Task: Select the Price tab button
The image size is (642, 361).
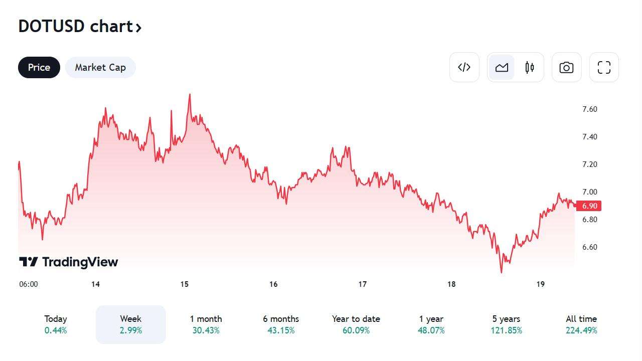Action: point(39,67)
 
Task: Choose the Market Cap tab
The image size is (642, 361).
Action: point(100,67)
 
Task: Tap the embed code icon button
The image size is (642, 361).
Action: point(464,67)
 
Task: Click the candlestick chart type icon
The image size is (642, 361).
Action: point(530,67)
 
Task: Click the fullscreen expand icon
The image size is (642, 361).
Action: point(604,67)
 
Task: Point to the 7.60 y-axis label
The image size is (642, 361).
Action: point(589,109)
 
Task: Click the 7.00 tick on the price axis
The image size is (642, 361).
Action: point(589,192)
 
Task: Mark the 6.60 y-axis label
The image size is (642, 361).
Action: point(589,247)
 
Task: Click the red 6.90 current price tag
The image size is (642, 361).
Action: point(589,206)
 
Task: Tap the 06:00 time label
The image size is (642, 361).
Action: point(29,284)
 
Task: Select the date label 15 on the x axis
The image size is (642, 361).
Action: point(185,284)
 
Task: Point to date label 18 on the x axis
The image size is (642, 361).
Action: point(451,284)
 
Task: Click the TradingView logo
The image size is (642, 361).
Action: point(69,262)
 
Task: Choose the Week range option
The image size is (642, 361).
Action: point(130,324)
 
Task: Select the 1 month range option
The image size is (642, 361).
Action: point(206,324)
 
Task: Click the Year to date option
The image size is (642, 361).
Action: point(356,324)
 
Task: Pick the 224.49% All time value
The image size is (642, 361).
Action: point(581,330)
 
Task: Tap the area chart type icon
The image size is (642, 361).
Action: point(502,67)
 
